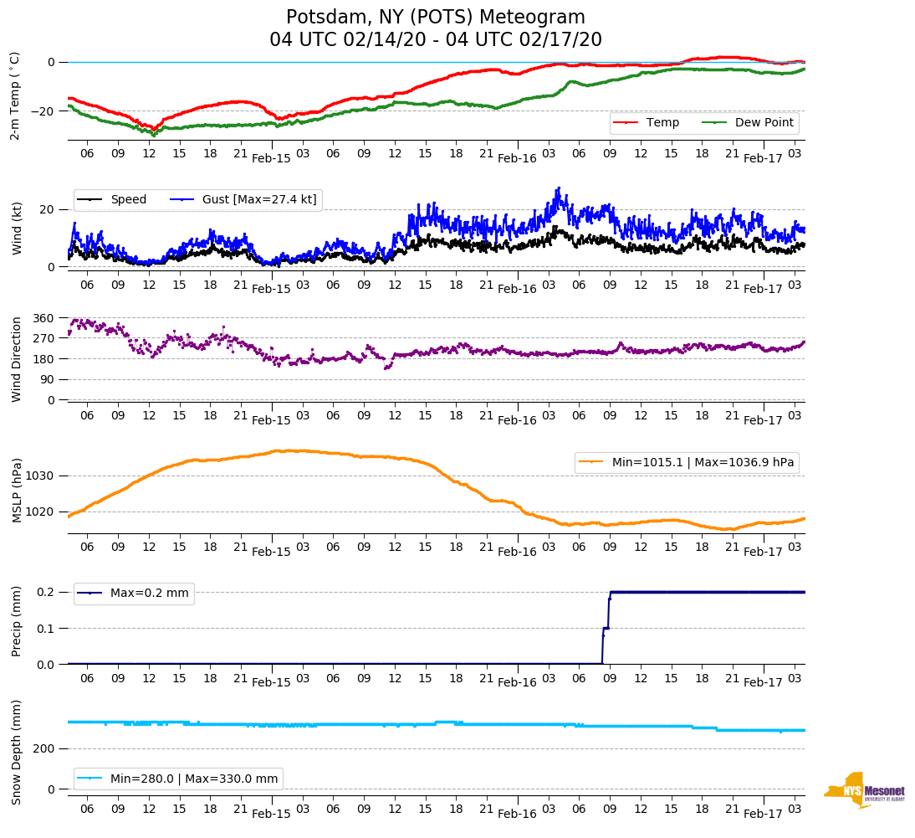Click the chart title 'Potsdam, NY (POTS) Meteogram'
point(436,18)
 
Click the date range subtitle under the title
point(436,40)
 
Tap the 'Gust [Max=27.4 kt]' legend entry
point(259,199)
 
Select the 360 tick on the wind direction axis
point(43,318)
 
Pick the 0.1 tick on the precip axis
point(44,629)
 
